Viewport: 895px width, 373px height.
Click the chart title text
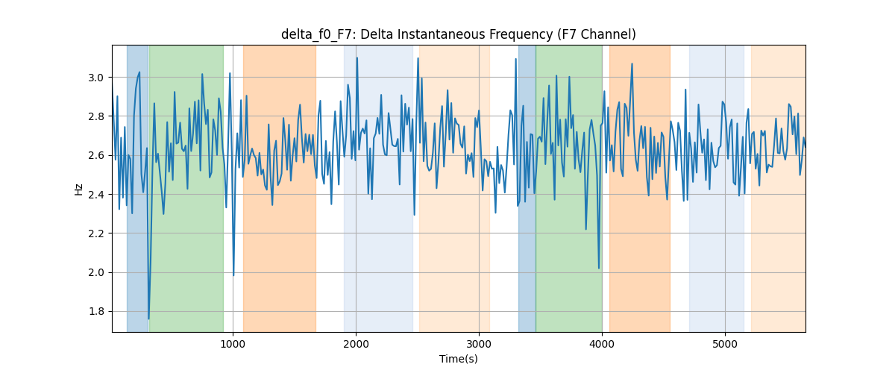tap(458, 34)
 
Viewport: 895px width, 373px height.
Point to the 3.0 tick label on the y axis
tap(96, 78)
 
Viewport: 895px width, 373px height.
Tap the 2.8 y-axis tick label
tap(96, 116)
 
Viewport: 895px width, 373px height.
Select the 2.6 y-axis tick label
tap(96, 155)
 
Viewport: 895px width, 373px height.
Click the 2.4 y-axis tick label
tap(96, 195)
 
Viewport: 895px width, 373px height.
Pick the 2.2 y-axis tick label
tap(96, 233)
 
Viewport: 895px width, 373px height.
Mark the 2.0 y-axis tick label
tap(96, 272)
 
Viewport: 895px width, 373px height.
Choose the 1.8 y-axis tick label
tap(96, 311)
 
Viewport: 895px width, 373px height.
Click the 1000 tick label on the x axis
tap(233, 344)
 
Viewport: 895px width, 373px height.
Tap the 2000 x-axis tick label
tap(356, 344)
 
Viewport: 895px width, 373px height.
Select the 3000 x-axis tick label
tap(479, 344)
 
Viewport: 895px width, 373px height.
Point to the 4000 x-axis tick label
tap(602, 344)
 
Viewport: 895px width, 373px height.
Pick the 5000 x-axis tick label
tap(725, 344)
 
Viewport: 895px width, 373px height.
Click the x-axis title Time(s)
tap(458, 359)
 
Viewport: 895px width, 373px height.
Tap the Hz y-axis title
tap(79, 189)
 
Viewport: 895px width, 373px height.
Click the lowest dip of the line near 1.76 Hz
tap(148, 319)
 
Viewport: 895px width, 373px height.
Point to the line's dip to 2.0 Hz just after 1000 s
tap(233, 275)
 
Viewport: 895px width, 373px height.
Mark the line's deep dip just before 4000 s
tap(598, 268)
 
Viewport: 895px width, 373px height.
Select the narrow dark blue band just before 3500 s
tap(527, 189)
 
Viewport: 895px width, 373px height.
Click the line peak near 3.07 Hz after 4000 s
tap(632, 63)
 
